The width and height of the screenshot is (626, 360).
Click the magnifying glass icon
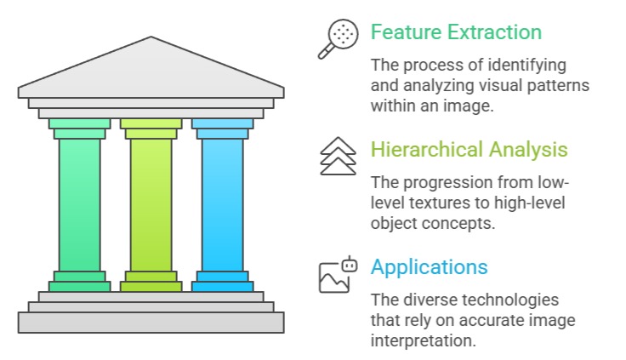pyautogui.click(x=337, y=39)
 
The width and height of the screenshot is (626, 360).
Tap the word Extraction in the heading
pyautogui.click(x=492, y=32)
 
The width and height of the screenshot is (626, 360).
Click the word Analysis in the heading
pyautogui.click(x=528, y=150)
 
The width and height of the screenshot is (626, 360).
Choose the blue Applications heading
pyautogui.click(x=429, y=266)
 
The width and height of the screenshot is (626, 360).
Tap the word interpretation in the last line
pyautogui.click(x=421, y=341)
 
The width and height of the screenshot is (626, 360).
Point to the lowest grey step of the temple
pyautogui.click(x=151, y=323)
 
